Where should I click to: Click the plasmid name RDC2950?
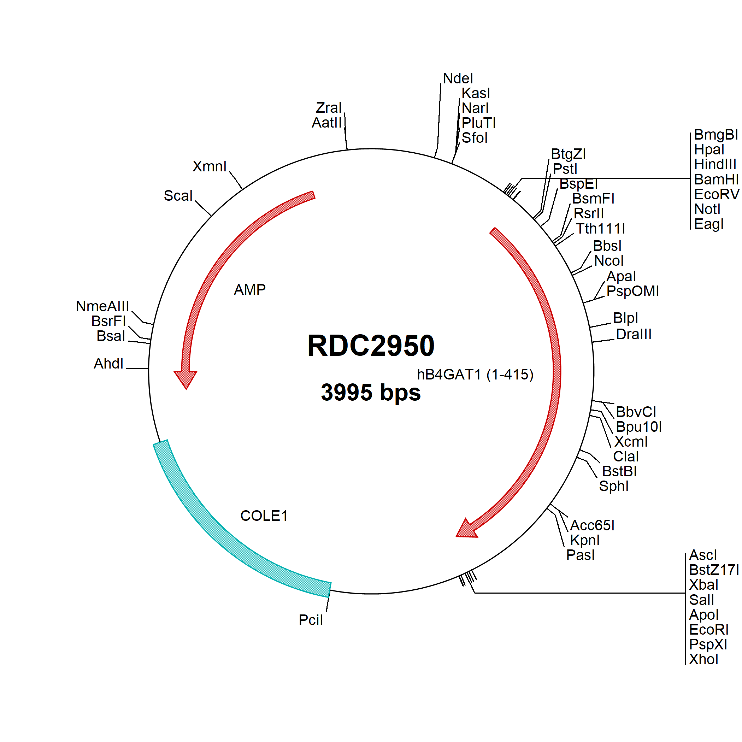coord(371,346)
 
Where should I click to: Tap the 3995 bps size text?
coord(371,393)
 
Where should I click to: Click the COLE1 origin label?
coord(264,516)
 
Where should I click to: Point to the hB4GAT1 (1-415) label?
coord(476,375)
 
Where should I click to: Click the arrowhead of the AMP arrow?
coord(186,380)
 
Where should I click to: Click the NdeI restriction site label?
coord(458,78)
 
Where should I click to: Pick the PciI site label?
coord(311,620)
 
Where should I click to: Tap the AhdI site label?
coord(109,363)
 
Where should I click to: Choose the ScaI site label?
coord(178,195)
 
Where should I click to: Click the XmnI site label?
coord(209,166)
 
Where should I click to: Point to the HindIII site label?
coord(715,164)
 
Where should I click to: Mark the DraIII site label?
coord(634,334)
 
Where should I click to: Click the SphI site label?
coord(614,486)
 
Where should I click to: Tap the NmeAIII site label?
coord(102,306)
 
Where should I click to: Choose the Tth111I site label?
coord(600,229)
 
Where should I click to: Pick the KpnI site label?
coord(584,540)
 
